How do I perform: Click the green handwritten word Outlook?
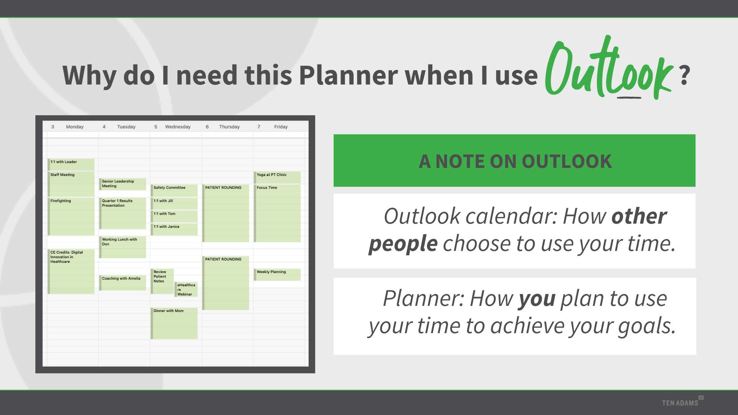608,69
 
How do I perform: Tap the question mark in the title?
684,75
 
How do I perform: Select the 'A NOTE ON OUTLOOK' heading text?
515,161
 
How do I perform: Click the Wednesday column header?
178,127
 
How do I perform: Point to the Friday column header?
281,127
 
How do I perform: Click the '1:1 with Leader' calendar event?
71,164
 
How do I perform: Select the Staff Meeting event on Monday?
71,184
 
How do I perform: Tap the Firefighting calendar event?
71,216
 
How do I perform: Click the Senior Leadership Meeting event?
123,184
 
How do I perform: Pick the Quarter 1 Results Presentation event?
123,213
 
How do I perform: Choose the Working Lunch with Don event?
123,247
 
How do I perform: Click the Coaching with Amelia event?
123,283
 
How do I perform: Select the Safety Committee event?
174,191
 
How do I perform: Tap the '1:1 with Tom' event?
174,216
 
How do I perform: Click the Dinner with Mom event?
174,324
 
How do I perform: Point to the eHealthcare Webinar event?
186,289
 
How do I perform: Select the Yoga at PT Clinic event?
277,178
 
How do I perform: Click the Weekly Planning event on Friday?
277,275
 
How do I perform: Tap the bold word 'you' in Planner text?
537,299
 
